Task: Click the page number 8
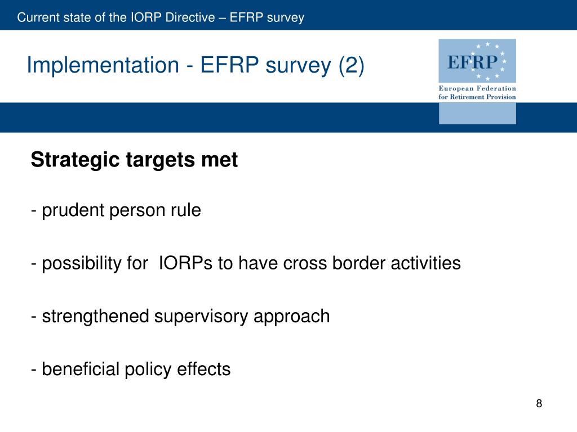[539, 403]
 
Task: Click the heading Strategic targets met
[134, 160]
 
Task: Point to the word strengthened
[96, 316]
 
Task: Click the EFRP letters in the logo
[473, 61]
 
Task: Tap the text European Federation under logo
[477, 88]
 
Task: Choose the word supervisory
[202, 316]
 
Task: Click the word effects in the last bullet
[204, 370]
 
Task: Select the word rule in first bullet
[188, 211]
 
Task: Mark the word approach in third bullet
[292, 316]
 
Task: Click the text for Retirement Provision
[477, 97]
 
